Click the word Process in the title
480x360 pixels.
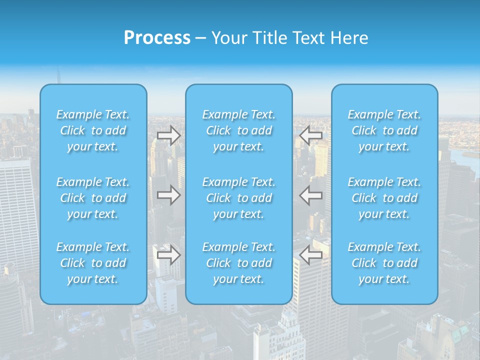pyautogui.click(x=157, y=38)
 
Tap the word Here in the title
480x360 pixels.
pyautogui.click(x=349, y=38)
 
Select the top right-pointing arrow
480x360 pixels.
pyautogui.click(x=169, y=135)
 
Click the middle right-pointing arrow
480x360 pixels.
pyautogui.click(x=169, y=195)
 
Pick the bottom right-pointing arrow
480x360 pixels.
pyautogui.click(x=169, y=255)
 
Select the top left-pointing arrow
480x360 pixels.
pyautogui.click(x=311, y=135)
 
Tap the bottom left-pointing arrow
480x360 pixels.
pyautogui.click(x=311, y=255)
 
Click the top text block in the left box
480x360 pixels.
pyautogui.click(x=93, y=130)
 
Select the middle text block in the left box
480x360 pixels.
pyautogui.click(x=93, y=198)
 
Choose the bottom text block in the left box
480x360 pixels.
pyautogui.click(x=93, y=263)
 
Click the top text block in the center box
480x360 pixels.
pyautogui.click(x=239, y=130)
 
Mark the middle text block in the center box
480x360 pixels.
pyautogui.click(x=239, y=198)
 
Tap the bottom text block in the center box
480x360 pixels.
pyautogui.click(x=239, y=263)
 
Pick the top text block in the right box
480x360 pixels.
pyautogui.click(x=384, y=130)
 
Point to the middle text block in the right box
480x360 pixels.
pyautogui.click(x=384, y=198)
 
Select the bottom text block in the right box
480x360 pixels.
pyautogui.click(x=384, y=263)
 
